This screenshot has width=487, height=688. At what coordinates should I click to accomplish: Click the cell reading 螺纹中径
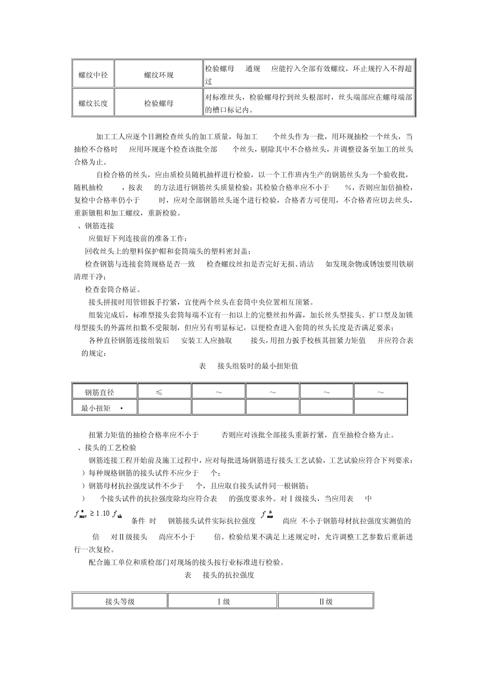tap(93, 75)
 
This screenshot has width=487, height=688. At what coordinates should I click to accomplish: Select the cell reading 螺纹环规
tap(158, 75)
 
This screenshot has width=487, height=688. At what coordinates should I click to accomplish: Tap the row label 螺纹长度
tap(93, 103)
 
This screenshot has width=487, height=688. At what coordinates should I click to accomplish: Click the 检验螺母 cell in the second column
tap(158, 103)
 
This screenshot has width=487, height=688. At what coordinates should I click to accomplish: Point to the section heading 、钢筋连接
tap(95, 226)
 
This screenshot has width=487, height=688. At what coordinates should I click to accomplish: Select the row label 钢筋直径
tap(99, 393)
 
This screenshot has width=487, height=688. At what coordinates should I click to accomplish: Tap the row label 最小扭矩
tap(96, 408)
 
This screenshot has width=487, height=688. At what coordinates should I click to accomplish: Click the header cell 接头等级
tap(120, 601)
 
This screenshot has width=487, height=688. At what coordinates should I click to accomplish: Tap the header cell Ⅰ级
tap(222, 601)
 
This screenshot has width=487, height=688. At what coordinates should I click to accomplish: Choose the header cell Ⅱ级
tap(326, 601)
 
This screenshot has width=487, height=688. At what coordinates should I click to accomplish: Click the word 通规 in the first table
tap(253, 69)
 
